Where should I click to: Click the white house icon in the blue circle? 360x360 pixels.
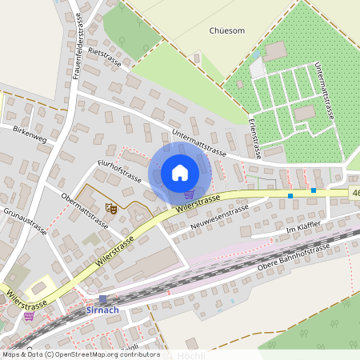coord(180,172)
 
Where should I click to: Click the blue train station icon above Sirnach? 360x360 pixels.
coord(102,298)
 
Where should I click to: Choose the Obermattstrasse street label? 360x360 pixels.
coord(84,210)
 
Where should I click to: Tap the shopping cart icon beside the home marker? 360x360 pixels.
coord(189,193)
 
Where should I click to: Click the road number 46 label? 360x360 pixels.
coord(354,193)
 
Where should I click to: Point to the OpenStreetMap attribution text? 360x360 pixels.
coord(80,354)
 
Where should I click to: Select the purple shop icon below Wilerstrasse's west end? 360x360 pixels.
coord(30,315)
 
